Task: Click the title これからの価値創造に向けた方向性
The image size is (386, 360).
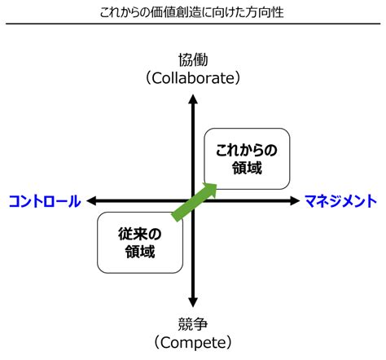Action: click(193, 13)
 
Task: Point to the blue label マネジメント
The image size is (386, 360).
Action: click(340, 200)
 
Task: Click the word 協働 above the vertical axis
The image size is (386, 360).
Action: click(193, 59)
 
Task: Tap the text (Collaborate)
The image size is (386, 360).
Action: click(193, 78)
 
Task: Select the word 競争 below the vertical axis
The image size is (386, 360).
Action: click(193, 322)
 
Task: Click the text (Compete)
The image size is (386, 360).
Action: click(193, 341)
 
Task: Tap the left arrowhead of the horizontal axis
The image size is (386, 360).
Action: click(92, 200)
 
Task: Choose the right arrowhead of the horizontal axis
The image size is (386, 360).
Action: click(294, 200)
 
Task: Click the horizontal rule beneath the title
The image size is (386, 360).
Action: click(193, 24)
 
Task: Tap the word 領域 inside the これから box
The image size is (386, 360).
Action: click(247, 167)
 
